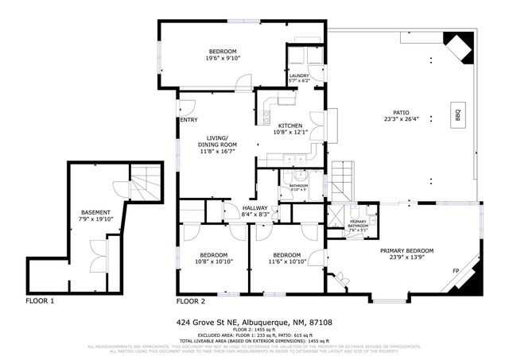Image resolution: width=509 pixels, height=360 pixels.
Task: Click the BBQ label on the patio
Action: [x=458, y=111]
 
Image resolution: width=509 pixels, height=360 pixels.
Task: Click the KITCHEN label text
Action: [x=289, y=126]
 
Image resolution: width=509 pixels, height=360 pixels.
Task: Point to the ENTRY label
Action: [x=188, y=120]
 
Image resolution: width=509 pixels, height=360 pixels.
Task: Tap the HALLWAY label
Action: [x=255, y=208]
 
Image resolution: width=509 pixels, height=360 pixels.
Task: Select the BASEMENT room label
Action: [x=96, y=213]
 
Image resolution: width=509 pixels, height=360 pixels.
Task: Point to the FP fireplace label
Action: [x=457, y=271]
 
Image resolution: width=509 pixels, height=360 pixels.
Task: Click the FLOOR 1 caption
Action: [x=40, y=301]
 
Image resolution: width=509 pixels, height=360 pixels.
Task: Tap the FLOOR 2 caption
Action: [x=191, y=301]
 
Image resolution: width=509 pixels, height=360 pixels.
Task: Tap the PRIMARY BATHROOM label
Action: [x=358, y=225]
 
